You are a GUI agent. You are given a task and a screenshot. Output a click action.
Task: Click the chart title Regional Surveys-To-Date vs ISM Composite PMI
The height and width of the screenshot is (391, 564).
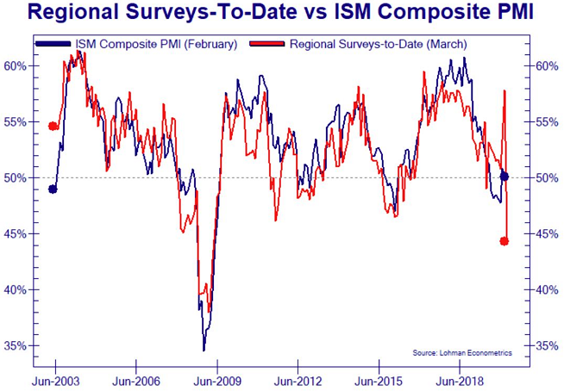click(x=282, y=13)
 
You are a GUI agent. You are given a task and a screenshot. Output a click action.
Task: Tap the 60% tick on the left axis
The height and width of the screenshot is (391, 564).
click(x=20, y=65)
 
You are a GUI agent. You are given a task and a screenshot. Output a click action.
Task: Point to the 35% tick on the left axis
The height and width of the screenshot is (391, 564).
click(x=20, y=345)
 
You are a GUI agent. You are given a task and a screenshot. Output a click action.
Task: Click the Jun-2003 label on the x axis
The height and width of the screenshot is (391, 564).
click(x=57, y=379)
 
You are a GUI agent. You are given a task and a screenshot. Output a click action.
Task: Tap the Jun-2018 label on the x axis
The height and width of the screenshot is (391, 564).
click(x=457, y=379)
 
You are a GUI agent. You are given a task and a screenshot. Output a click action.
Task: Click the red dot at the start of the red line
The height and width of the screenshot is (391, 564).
click(x=53, y=126)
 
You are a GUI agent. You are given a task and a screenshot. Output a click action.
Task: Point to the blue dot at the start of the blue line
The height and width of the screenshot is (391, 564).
click(x=53, y=189)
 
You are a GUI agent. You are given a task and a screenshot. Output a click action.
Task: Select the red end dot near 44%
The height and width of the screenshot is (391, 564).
click(x=504, y=241)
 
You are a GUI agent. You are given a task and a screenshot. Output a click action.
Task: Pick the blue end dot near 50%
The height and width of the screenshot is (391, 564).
click(x=504, y=177)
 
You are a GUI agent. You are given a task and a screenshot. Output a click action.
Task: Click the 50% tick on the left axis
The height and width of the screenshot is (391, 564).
click(x=20, y=177)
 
